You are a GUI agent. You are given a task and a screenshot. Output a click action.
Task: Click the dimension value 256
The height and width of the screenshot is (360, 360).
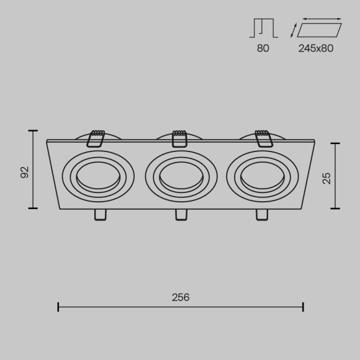180,297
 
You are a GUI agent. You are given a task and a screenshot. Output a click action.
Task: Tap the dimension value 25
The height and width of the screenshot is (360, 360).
326,178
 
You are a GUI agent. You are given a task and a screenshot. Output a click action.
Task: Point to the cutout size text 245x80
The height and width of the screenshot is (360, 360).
316,48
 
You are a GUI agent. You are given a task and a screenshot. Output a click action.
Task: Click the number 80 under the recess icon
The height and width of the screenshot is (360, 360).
263,48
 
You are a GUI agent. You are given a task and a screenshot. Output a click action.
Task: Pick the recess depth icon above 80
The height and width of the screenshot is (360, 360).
263,29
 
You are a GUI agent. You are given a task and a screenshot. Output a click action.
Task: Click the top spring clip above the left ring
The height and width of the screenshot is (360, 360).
96,138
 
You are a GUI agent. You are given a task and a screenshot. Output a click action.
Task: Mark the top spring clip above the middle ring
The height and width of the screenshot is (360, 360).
179,138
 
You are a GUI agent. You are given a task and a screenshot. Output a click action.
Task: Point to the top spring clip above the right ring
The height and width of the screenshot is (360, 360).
262,138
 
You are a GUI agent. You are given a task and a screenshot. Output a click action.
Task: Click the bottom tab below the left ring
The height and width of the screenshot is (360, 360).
99,215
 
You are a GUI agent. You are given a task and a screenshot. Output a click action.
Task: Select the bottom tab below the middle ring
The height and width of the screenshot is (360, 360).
181,215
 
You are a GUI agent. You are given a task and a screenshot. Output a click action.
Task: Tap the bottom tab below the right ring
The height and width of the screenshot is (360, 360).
262,215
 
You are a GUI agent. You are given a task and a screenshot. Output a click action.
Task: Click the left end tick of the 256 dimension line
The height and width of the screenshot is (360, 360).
58,307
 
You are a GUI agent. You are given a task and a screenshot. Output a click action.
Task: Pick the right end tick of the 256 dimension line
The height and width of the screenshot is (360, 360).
303,307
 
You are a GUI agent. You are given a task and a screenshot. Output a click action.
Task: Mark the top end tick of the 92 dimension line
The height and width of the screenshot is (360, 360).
34,131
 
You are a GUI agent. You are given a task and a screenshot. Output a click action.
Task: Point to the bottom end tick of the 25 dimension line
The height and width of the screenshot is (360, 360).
336,208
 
